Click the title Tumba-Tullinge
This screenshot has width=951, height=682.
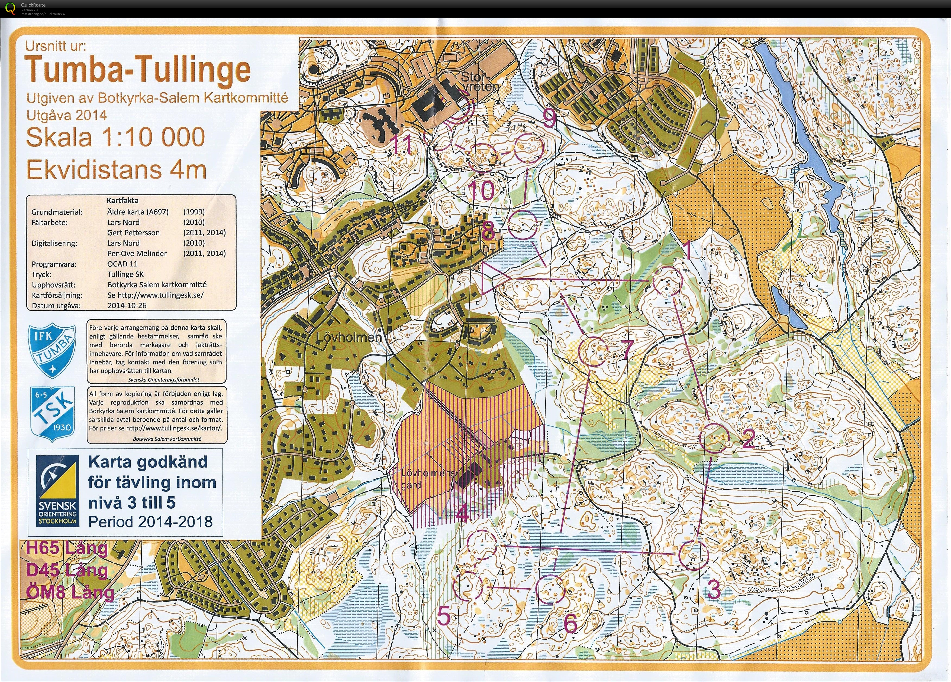137,70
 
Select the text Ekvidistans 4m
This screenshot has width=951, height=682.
116,170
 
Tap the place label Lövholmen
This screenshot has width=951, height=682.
349,337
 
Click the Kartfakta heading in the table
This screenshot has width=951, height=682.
122,201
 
